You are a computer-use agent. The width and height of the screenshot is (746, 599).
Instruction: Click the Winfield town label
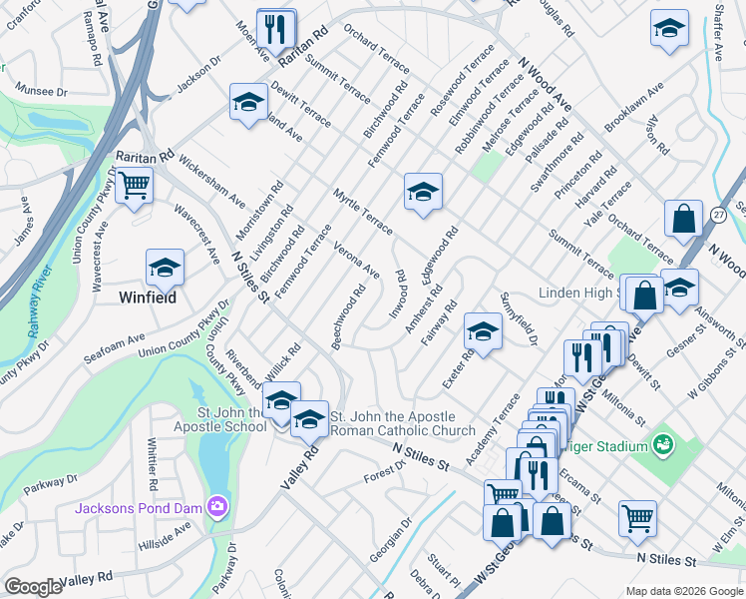point(149,298)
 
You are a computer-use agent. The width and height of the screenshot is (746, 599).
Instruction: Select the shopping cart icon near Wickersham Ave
point(134,185)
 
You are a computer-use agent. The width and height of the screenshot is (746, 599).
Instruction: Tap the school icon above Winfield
point(165,267)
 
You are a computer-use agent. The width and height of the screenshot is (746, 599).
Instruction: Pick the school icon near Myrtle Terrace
point(423,191)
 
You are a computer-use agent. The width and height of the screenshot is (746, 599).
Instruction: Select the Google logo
point(33,587)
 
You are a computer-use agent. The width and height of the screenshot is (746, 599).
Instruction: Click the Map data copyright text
point(683,591)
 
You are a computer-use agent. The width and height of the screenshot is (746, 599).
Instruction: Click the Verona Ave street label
point(356,260)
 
